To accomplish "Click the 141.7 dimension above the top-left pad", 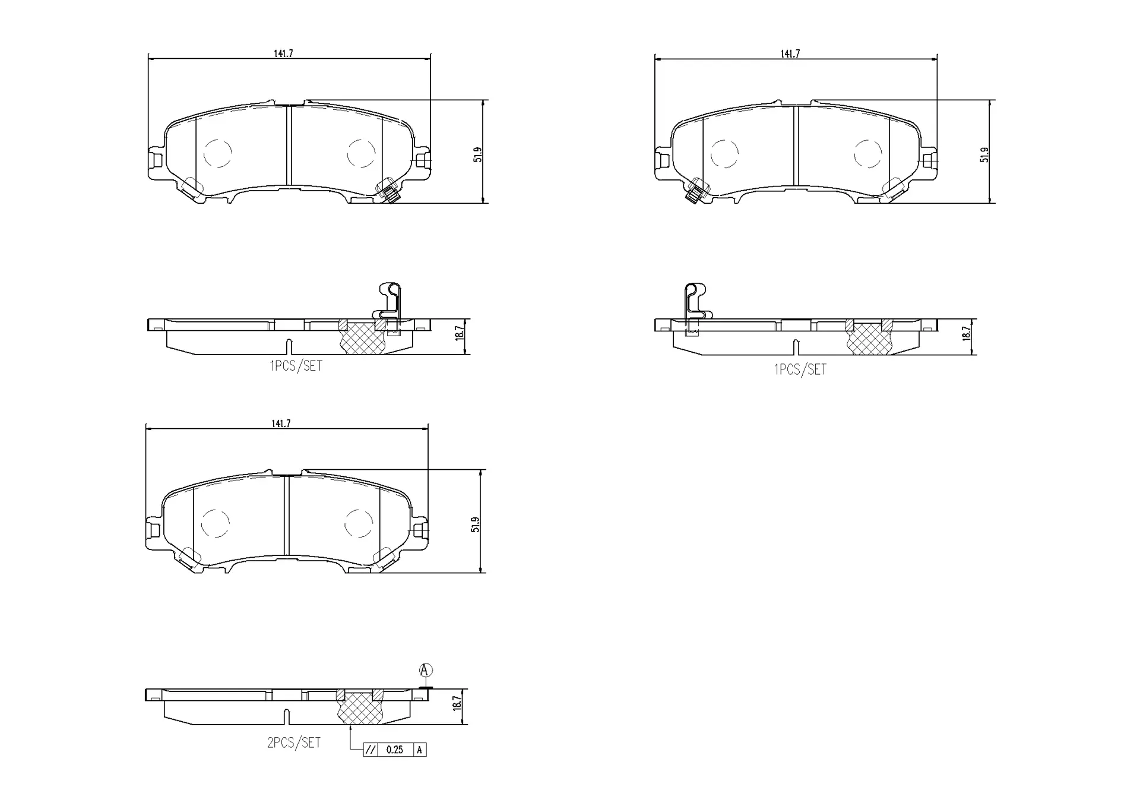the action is (283, 53).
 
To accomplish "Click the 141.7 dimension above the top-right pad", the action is (790, 53).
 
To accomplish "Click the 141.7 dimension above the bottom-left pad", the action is (281, 423).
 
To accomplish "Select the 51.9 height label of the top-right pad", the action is (984, 155).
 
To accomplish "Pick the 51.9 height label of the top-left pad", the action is (477, 154).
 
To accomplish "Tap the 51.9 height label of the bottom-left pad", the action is (475, 524).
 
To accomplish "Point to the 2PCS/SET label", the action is (294, 742).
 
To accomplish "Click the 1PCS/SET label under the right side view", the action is (800, 369).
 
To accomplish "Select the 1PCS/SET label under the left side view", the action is (296, 366).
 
